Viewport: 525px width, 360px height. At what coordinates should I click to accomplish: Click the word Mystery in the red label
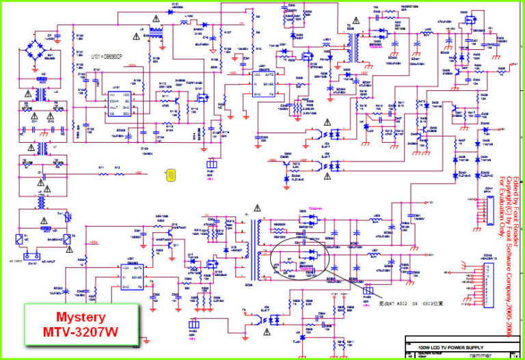point(81,317)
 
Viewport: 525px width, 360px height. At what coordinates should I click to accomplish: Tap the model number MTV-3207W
point(81,333)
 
